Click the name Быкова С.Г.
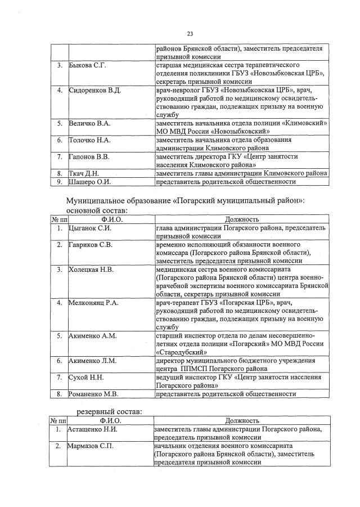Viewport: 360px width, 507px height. click(x=87, y=66)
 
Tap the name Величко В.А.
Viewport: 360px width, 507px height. click(x=89, y=123)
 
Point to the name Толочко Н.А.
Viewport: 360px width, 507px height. click(x=89, y=140)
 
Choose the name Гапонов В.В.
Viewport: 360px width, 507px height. click(x=89, y=156)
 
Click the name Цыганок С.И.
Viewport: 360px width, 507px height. click(x=90, y=228)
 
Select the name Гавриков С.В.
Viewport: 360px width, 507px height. click(x=91, y=245)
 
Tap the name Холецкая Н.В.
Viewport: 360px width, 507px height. click(x=91, y=270)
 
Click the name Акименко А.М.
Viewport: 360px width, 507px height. click(x=92, y=336)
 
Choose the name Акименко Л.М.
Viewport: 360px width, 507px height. click(x=92, y=361)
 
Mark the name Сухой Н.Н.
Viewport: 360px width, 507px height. click(x=86, y=378)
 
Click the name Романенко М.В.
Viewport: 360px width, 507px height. click(x=93, y=394)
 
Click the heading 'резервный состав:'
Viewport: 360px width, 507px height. click(x=109, y=411)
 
